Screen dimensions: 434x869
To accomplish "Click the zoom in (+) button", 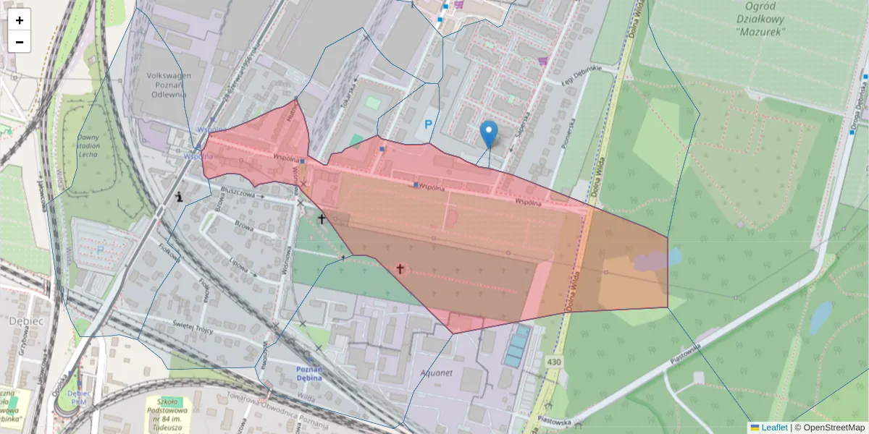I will tap(20, 20).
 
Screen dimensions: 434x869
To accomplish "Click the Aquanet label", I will tap(434, 373).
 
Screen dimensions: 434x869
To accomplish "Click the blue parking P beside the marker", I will tap(429, 125).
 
